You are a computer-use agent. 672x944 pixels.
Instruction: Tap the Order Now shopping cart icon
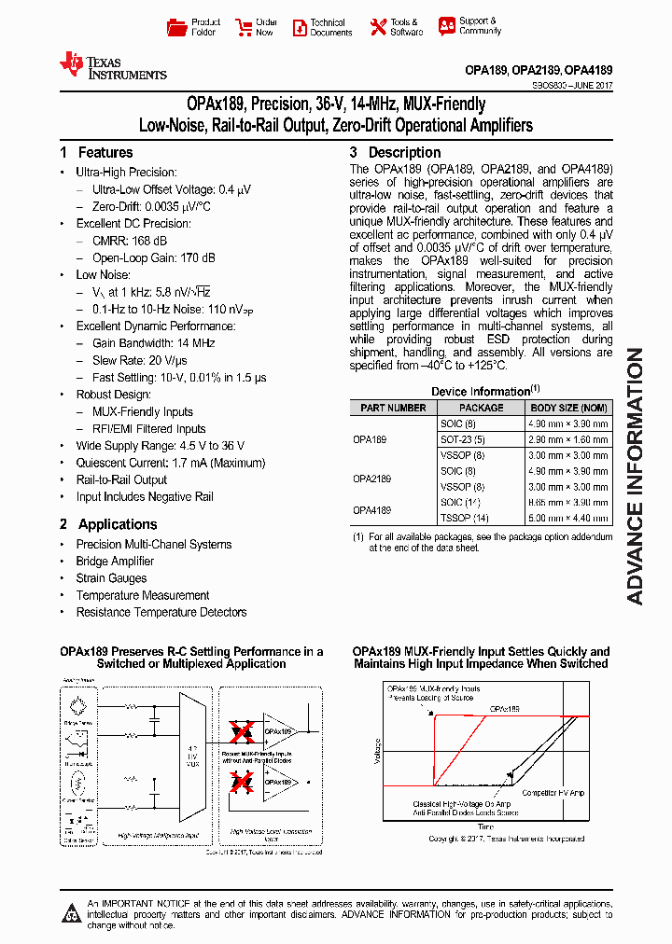click(x=244, y=27)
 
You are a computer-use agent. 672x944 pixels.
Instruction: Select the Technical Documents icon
click(x=300, y=27)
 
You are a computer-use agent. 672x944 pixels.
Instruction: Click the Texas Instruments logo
click(x=113, y=66)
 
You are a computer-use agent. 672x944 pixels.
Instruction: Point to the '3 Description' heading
click(x=395, y=152)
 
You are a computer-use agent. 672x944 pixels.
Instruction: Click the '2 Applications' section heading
click(x=108, y=524)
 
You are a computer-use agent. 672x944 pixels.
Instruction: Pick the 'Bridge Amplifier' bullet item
click(x=115, y=562)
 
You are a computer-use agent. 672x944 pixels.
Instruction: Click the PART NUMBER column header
click(x=392, y=408)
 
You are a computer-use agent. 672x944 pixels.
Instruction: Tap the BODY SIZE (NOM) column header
click(x=569, y=408)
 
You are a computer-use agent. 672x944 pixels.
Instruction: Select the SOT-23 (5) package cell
click(x=463, y=438)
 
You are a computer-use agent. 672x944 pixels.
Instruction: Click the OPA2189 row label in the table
click(x=372, y=479)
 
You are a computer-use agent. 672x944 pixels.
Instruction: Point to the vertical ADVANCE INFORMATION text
click(x=635, y=476)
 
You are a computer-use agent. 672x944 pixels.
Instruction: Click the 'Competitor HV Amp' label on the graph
click(x=553, y=793)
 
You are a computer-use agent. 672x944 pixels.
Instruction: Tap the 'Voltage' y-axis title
click(x=378, y=750)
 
